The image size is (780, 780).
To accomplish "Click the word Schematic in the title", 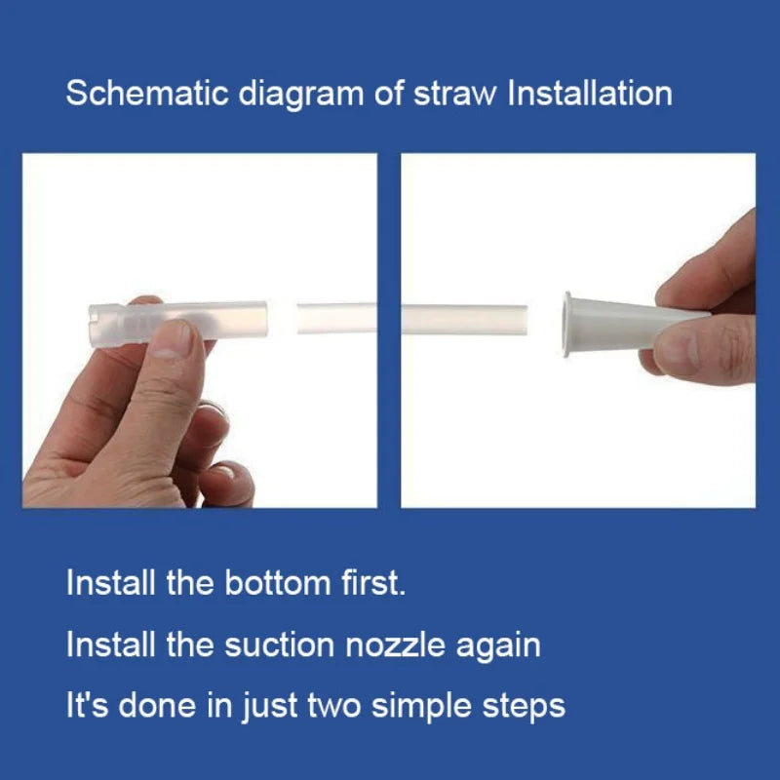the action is coord(147,93).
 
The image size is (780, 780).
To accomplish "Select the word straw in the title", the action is coord(455,94).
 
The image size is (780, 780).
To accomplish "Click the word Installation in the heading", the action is coord(590,93).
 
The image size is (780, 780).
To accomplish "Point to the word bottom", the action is coord(278,582).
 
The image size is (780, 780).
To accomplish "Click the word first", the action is coord(373,582).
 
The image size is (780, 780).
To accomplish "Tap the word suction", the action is coord(280,645).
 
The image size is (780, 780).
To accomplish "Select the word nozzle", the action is coord(396,645).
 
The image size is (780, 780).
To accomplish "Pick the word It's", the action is coord(88,705).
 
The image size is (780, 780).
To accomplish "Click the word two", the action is coord(334,706).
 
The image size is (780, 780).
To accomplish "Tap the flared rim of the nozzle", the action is coord(567,325).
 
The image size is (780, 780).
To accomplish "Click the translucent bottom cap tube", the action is coord(177,321).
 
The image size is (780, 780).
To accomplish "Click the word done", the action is coord(157,705).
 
